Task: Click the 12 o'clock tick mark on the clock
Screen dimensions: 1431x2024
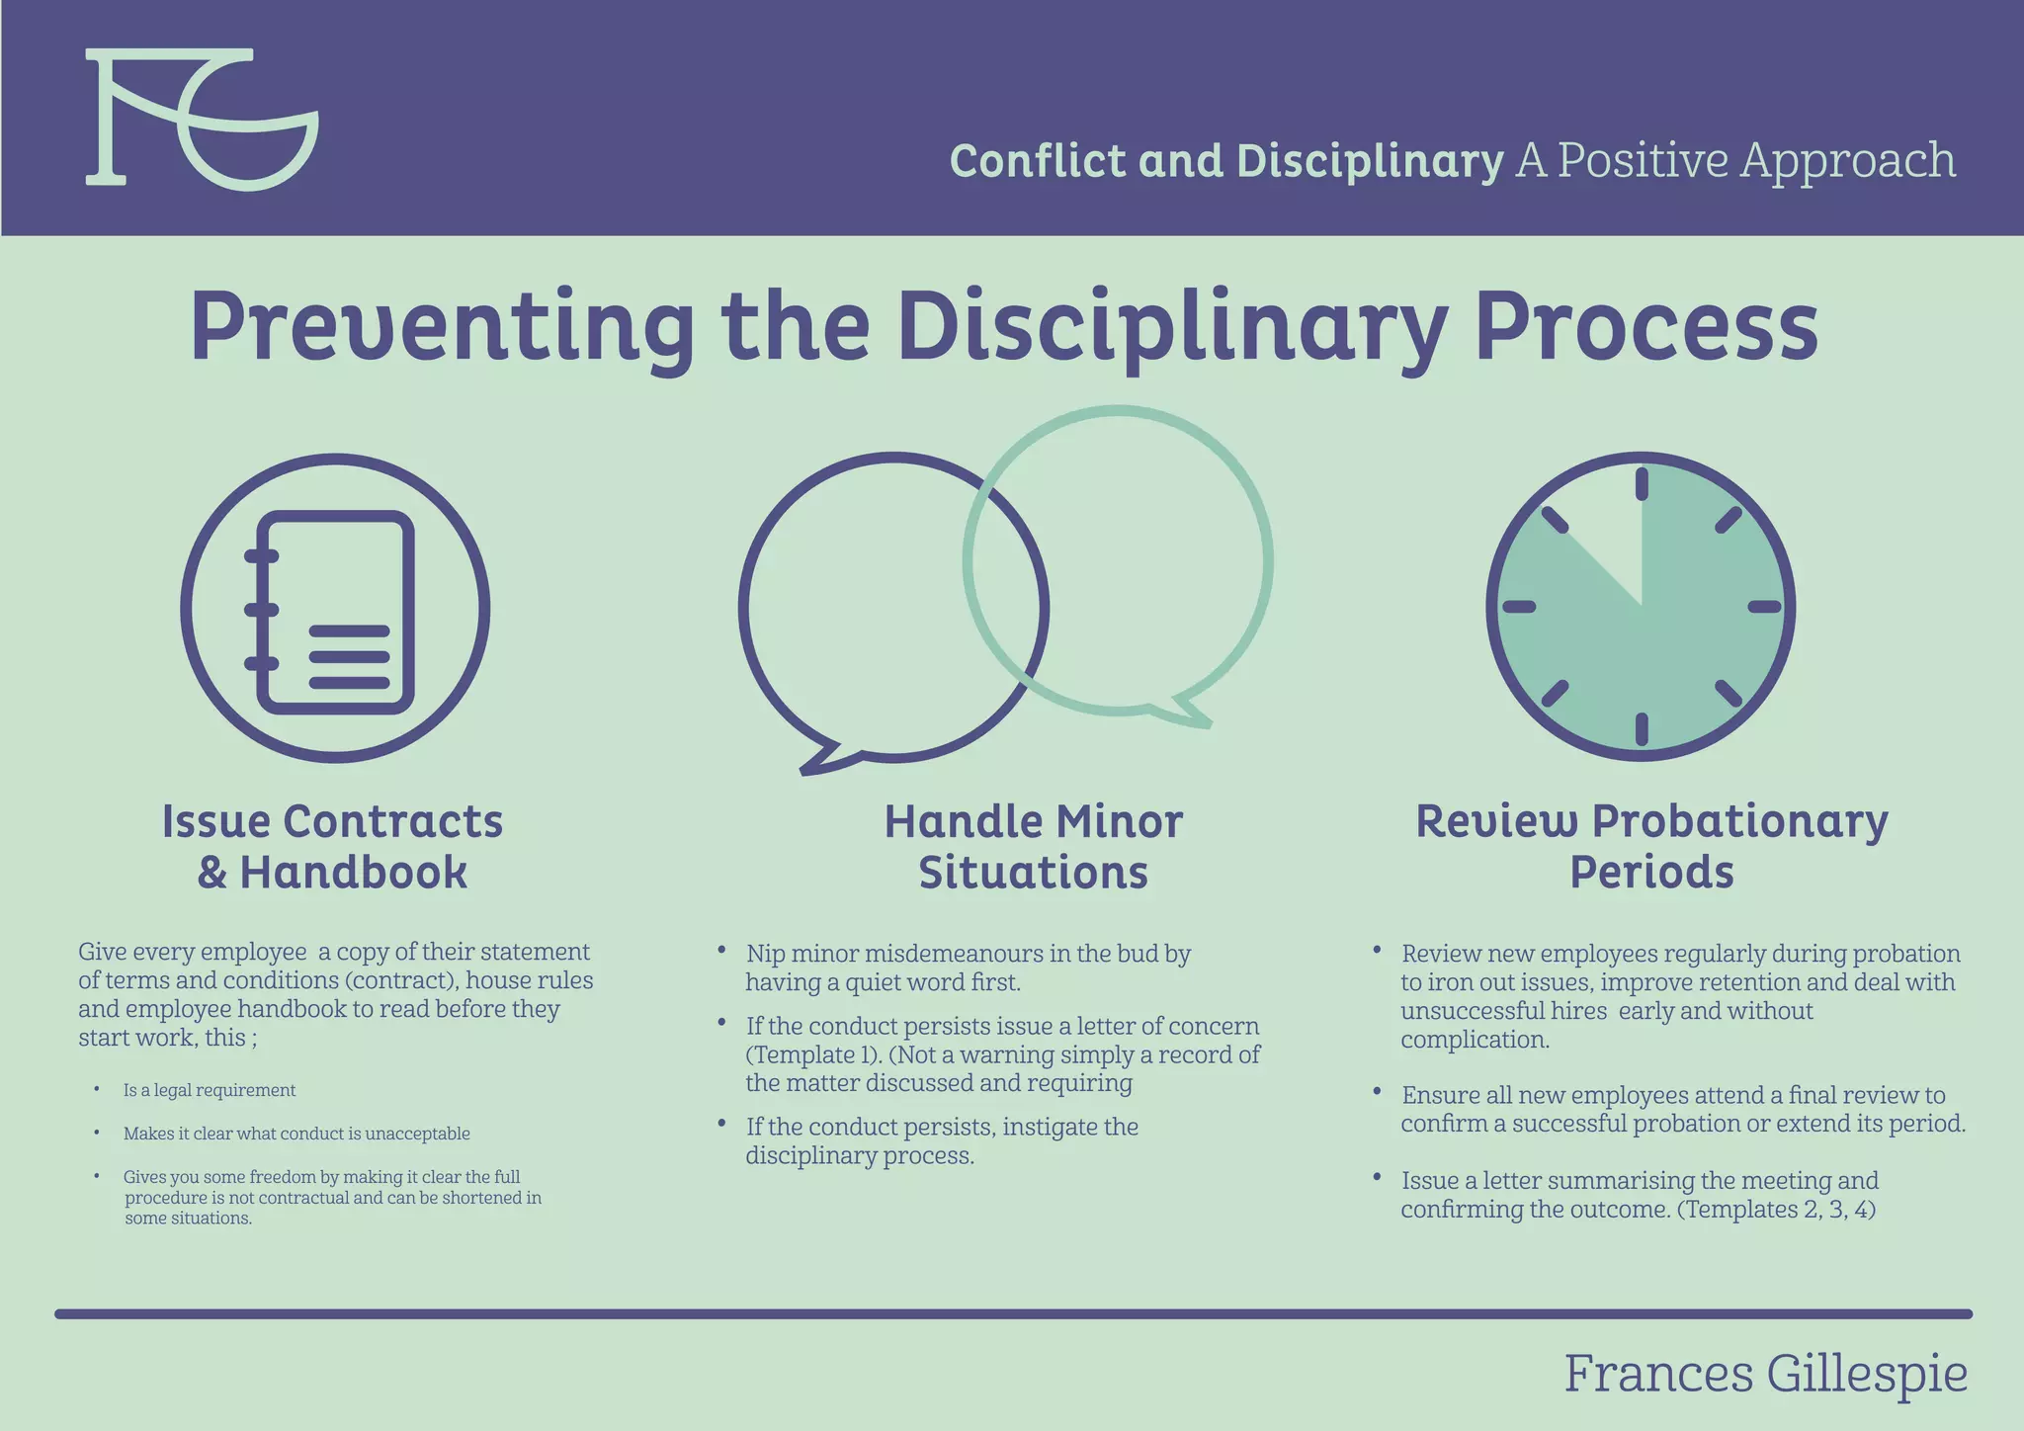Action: point(1642,484)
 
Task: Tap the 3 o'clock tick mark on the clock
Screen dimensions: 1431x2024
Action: point(1764,607)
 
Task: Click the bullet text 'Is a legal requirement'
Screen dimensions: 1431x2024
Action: point(210,1090)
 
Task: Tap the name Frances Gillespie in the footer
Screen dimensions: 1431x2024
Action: point(1765,1374)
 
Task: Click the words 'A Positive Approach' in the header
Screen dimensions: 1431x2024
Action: point(1735,160)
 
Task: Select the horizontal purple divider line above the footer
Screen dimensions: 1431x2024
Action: point(1013,1314)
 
